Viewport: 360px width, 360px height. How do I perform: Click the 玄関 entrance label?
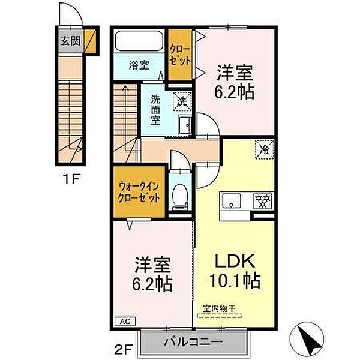(x=70, y=41)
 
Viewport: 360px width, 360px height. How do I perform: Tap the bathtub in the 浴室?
(x=139, y=41)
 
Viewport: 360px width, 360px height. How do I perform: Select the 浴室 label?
(x=139, y=65)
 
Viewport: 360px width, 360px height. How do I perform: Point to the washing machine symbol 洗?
(x=182, y=101)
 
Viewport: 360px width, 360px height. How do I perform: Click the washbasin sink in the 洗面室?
(x=185, y=125)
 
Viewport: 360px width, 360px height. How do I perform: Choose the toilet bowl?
(x=180, y=197)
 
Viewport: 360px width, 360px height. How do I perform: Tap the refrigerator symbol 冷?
(x=265, y=149)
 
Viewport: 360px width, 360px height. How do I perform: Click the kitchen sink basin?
(x=232, y=201)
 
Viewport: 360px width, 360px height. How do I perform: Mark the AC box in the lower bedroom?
(x=125, y=321)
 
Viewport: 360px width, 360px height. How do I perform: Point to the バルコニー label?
(x=193, y=342)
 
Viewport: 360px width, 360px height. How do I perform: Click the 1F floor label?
(x=71, y=179)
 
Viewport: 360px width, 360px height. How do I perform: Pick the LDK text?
(x=235, y=260)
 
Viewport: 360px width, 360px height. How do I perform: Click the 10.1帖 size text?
(x=235, y=281)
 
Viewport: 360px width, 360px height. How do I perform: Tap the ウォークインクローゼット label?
(x=139, y=192)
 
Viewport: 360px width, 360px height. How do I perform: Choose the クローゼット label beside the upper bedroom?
(x=180, y=55)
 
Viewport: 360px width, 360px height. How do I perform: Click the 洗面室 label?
(x=155, y=110)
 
